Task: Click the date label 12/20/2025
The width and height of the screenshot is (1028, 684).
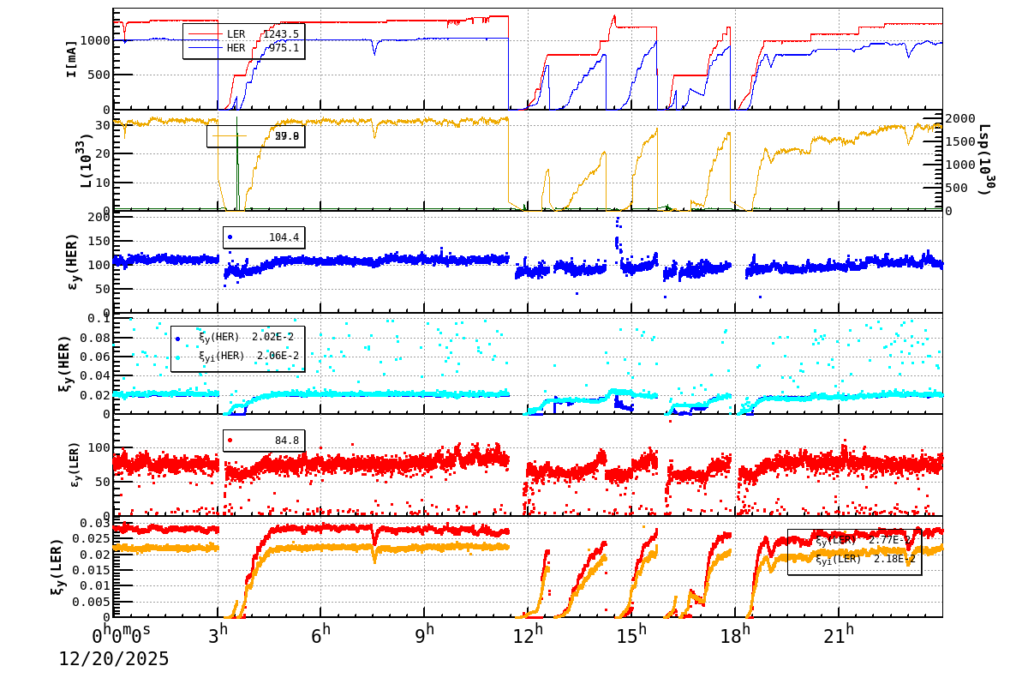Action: pyautogui.click(x=114, y=659)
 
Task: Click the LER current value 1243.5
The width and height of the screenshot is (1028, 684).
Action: pyautogui.click(x=281, y=34)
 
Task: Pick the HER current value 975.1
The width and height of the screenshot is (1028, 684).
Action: pyautogui.click(x=284, y=48)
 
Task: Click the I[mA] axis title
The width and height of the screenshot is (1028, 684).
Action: pyautogui.click(x=72, y=58)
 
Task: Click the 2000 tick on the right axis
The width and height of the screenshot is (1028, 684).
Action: pyautogui.click(x=960, y=118)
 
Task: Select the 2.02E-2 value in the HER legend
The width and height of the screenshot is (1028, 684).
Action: pyautogui.click(x=272, y=337)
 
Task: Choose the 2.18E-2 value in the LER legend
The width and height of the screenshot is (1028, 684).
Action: pyautogui.click(x=894, y=559)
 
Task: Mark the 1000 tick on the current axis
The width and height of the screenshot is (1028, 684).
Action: pyautogui.click(x=94, y=40)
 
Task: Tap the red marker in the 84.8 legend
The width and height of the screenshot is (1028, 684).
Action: pyautogui.click(x=230, y=441)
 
